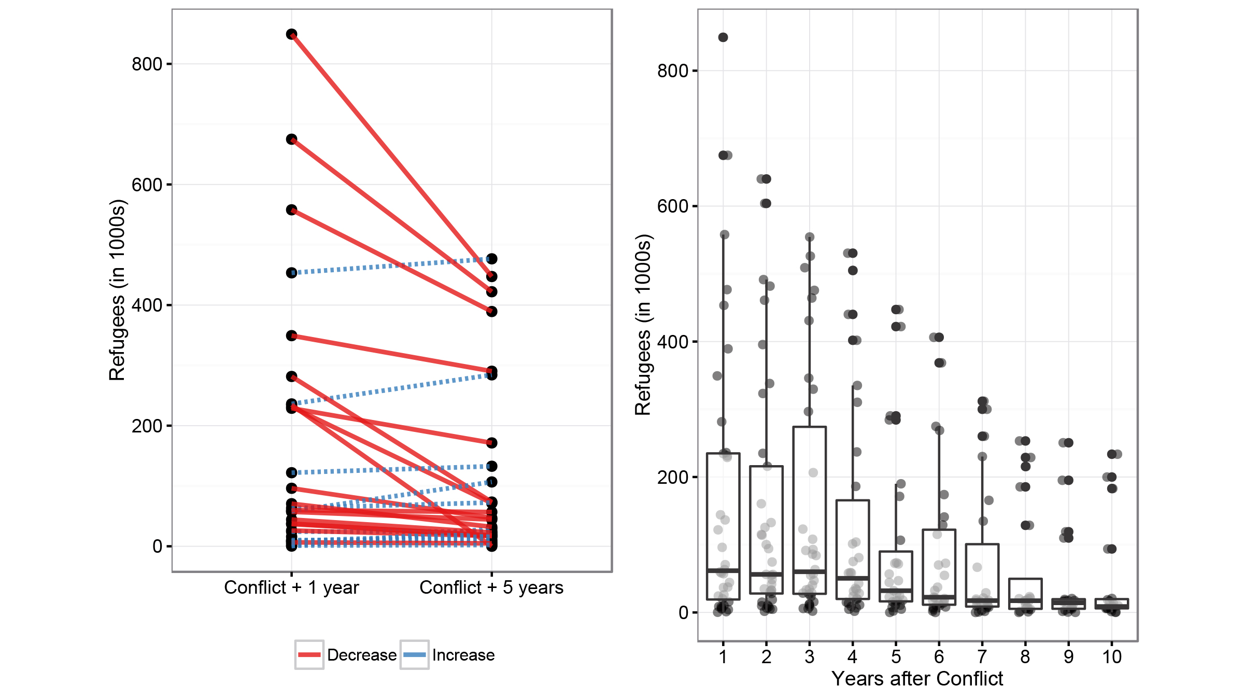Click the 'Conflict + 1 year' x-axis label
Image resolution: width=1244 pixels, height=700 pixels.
pos(291,587)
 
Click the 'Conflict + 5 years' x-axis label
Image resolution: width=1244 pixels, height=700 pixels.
pos(491,587)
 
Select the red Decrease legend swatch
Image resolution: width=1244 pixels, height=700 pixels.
pos(309,654)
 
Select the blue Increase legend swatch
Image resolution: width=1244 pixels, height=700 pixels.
pos(414,654)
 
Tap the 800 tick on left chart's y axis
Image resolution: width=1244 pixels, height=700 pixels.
pos(147,64)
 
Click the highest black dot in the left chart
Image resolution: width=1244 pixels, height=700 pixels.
pos(291,34)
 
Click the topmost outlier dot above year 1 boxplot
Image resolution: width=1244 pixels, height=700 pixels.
pos(723,37)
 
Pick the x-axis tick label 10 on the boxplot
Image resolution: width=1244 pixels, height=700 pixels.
pos(1112,657)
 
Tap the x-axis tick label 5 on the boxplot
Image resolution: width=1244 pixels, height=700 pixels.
pos(896,657)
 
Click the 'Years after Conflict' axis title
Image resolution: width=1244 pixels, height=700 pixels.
pos(917,679)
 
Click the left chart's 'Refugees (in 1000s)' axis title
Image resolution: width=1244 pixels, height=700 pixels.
pos(118,290)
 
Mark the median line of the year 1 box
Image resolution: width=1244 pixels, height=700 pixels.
pos(723,570)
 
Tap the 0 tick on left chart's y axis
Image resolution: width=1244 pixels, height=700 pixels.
pos(157,546)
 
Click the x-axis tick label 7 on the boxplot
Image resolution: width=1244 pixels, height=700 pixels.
pos(982,657)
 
